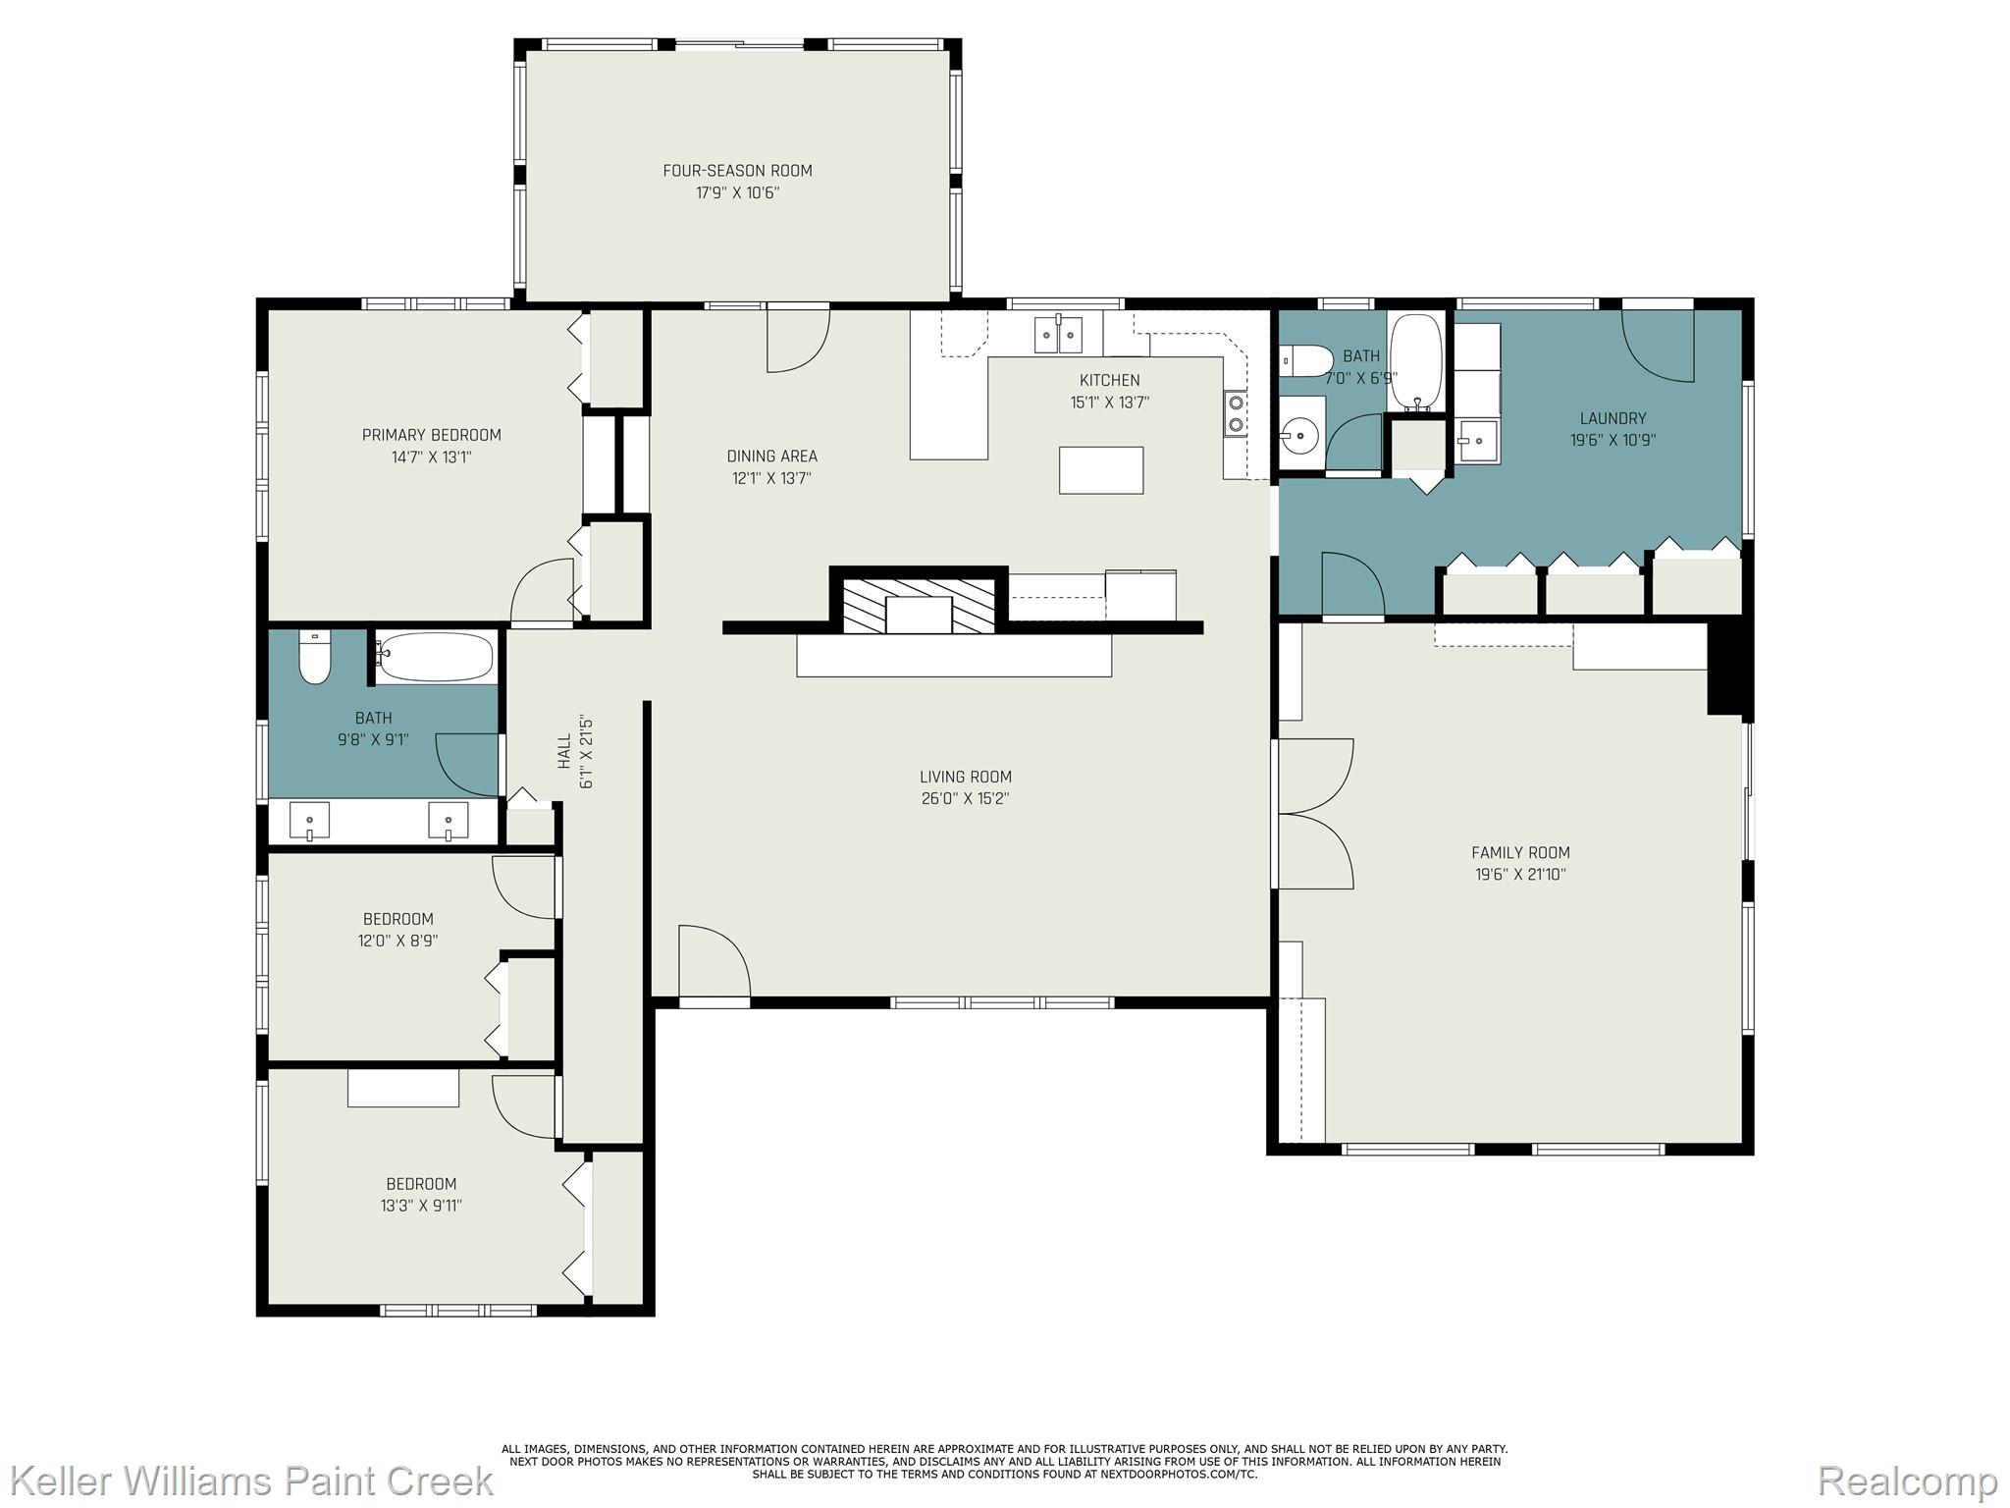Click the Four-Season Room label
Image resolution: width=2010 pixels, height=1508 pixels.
click(x=737, y=171)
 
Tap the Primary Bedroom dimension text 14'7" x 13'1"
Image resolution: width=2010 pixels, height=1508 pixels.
click(x=431, y=457)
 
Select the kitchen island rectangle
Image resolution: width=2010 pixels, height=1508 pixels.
click(x=1101, y=470)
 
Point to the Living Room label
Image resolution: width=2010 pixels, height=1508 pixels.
click(x=966, y=777)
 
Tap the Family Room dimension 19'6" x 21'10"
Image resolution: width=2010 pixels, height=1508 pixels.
click(x=1520, y=874)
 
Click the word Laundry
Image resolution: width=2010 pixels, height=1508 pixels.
click(x=1613, y=418)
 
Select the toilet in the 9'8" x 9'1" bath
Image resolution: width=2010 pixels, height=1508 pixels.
click(x=315, y=657)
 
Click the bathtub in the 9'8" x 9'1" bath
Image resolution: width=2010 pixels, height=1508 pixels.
click(x=436, y=657)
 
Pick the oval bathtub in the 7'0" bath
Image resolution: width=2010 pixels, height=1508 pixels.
click(x=1416, y=362)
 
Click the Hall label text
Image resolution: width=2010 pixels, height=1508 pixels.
click(x=564, y=751)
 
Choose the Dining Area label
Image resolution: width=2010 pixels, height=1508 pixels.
click(x=771, y=457)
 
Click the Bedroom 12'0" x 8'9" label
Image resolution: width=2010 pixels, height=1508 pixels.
click(x=397, y=919)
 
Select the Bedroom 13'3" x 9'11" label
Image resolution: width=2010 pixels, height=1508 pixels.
click(x=421, y=1184)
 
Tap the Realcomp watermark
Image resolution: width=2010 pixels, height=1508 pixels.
click(x=1907, y=1481)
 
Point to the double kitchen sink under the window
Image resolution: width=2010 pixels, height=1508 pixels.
click(x=1058, y=335)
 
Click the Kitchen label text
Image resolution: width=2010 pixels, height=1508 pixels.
click(x=1109, y=380)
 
